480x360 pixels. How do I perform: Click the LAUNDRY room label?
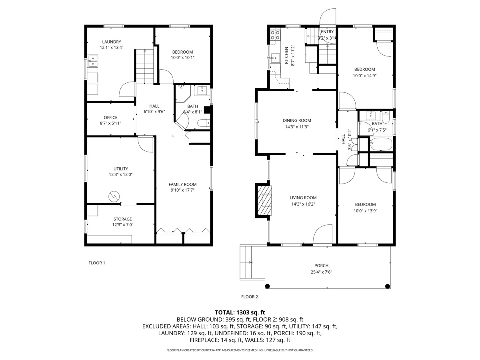point(112,42)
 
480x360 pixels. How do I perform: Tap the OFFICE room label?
point(110,117)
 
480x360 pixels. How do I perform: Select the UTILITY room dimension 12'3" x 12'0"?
point(121,174)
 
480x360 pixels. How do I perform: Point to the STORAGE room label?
point(122,219)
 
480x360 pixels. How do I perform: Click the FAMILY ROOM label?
point(182,184)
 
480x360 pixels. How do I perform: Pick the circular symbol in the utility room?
point(114,196)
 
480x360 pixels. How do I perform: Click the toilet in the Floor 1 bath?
point(204,123)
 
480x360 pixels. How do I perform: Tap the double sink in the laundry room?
point(93,61)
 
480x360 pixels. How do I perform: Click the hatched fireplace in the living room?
point(265,200)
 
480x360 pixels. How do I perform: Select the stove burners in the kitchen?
point(275,35)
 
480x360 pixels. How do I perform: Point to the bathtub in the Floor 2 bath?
point(381,144)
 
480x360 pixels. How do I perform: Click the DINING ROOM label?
point(297,120)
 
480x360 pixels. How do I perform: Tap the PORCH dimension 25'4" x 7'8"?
point(322,272)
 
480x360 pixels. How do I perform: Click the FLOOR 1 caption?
point(97,263)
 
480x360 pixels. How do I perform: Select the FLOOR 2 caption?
point(250,297)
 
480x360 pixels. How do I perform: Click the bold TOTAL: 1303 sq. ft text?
point(240,312)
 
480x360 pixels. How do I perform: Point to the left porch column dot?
point(267,286)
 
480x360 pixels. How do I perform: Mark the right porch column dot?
point(387,286)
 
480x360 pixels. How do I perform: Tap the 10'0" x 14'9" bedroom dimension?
point(364,76)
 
